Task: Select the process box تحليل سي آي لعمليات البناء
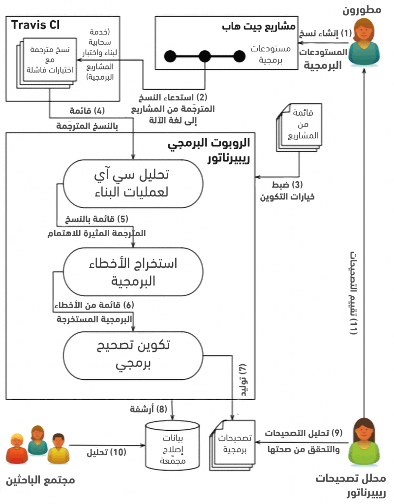[133, 183]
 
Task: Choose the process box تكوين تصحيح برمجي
[133, 354]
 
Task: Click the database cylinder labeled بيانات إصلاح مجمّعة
[171, 447]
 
